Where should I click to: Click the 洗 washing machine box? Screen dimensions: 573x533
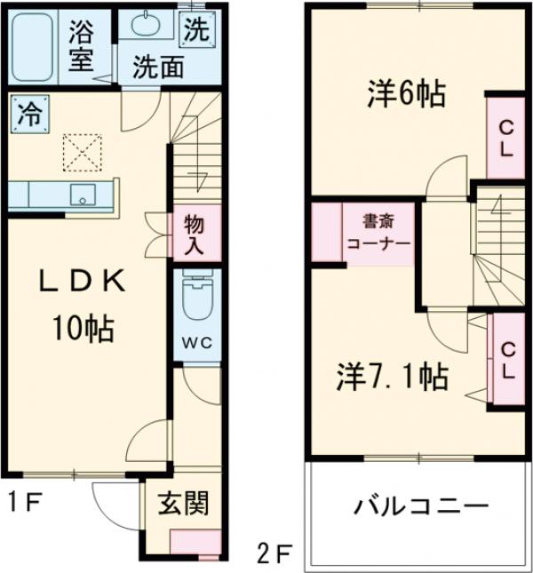pos(196,30)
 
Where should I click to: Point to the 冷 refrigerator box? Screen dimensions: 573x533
pos(29,114)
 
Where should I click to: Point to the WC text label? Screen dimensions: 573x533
pos(196,342)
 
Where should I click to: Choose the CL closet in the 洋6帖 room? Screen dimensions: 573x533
pos(504,138)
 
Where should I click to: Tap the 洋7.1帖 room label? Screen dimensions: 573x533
pos(391,377)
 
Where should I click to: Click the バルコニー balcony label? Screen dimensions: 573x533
pos(422,508)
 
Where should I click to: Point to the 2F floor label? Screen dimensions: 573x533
pos(273,552)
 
